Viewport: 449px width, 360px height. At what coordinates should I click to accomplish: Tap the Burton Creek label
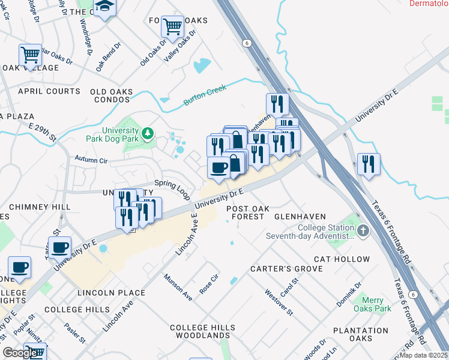[x=205, y=95]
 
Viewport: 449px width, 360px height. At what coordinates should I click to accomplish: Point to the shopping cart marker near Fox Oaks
[x=172, y=26]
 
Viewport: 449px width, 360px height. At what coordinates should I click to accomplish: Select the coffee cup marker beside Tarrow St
[x=59, y=247]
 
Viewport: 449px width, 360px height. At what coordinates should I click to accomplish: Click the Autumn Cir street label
[x=91, y=160]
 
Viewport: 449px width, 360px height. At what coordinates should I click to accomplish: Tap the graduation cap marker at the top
[x=106, y=7]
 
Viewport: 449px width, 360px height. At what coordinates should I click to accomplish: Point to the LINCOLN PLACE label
[x=111, y=293]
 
